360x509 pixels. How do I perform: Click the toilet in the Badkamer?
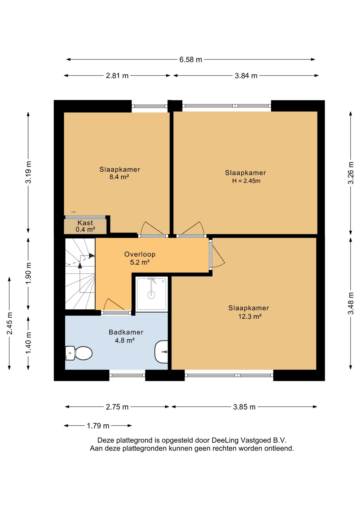point(79,353)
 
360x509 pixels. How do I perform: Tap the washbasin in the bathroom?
point(161,352)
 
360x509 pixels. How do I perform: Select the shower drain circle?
point(151,295)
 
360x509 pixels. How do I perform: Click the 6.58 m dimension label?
point(191,60)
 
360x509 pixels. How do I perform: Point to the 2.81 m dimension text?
point(117,76)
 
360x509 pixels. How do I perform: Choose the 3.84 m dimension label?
point(246,76)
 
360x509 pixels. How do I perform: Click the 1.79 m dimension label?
point(98,426)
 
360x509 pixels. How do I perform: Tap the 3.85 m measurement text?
point(244,407)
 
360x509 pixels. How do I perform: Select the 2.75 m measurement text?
point(117,407)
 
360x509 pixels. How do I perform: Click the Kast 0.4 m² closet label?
point(85,226)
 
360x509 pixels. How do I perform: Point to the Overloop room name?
point(140,254)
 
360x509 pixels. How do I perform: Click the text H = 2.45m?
point(246,181)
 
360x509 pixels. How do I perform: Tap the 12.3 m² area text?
point(250,316)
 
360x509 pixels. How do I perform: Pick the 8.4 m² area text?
point(119,177)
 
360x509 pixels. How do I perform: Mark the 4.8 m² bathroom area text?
point(125,340)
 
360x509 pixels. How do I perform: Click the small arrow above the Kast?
point(73,212)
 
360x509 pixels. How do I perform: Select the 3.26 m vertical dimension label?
point(351,173)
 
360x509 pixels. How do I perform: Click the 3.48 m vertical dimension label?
point(351,303)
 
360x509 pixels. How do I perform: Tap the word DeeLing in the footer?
point(225,440)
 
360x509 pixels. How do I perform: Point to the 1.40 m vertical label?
point(28,343)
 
